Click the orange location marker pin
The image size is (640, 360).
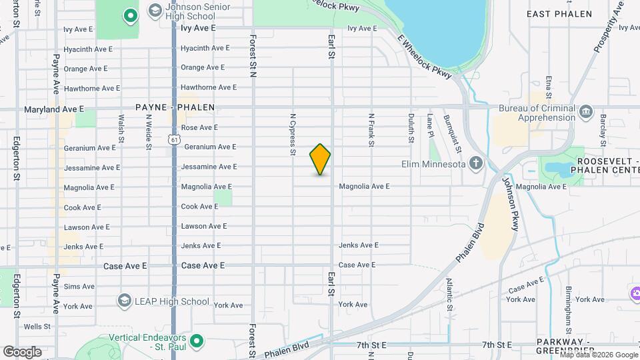(320, 159)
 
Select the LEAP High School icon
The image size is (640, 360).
(124, 301)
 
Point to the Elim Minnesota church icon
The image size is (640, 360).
(475, 163)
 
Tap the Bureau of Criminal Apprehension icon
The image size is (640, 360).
(586, 109)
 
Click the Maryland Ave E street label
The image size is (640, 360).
(54, 109)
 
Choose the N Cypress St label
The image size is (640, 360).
(292, 135)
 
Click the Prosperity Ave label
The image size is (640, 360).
(608, 27)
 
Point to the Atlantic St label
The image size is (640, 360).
(450, 294)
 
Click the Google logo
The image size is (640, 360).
(22, 351)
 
